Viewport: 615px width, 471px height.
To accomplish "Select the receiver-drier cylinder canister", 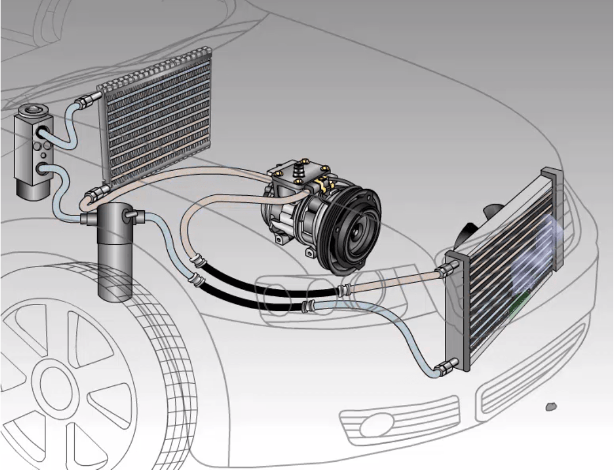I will coord(115,253).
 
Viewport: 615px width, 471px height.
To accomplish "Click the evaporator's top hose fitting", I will coord(87,102).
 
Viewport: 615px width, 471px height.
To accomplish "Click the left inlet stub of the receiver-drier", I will coord(86,219).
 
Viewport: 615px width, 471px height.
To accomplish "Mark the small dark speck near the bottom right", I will coord(551,407).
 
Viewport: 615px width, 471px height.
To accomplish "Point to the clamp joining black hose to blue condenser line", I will coord(307,302).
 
